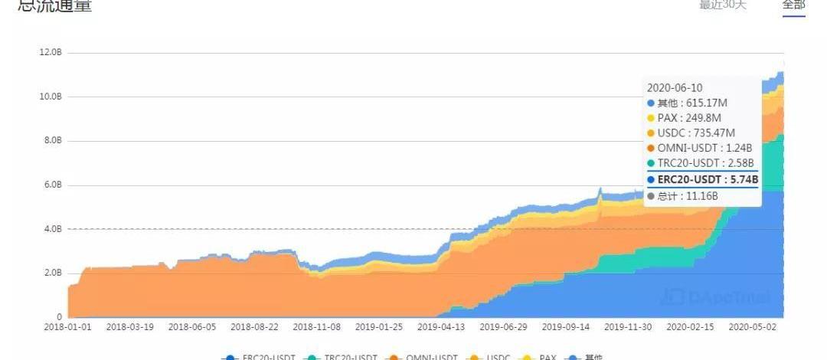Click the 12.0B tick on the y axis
pyautogui.click(x=51, y=52)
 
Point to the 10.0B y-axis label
pyautogui.click(x=51, y=97)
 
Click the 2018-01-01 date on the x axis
pyautogui.click(x=68, y=326)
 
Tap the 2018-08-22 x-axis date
pyautogui.click(x=256, y=326)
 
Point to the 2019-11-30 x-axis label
pyautogui.click(x=628, y=326)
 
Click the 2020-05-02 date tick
pyautogui.click(x=752, y=326)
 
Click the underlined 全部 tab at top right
pyautogui.click(x=793, y=5)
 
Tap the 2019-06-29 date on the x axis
pyautogui.click(x=503, y=326)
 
